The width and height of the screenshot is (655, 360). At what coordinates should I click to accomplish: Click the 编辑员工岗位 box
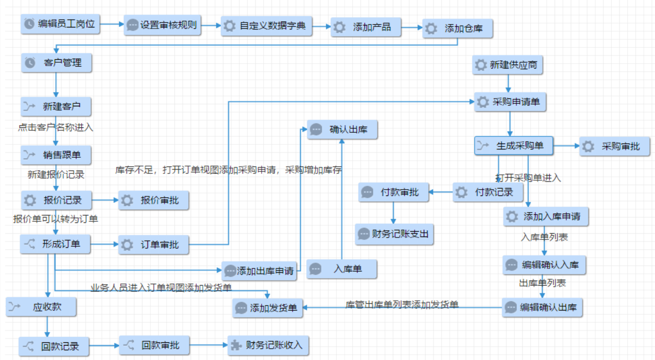pos(60,24)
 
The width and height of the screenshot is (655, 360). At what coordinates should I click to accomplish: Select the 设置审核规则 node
pos(163,25)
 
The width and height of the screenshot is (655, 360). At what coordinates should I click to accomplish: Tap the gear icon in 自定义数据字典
pos(230,26)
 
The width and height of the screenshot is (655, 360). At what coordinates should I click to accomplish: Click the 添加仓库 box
pos(458,29)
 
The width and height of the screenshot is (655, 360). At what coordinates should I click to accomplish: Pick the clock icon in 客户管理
pos(30,63)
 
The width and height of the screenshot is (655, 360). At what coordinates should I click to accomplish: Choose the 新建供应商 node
pos(508,65)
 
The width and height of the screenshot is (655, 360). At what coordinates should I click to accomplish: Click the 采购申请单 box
pos(510,102)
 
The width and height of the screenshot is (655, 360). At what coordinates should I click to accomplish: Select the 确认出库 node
pos(342,130)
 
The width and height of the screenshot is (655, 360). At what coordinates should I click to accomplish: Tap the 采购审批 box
pos(615,146)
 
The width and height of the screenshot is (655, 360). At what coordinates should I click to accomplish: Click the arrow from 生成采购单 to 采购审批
pos(566,146)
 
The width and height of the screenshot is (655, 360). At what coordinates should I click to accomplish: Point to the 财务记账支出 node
pos(394,234)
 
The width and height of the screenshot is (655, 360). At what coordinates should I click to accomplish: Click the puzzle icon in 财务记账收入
pos(236,345)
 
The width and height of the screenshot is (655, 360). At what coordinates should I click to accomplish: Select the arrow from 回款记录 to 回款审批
pos(104,346)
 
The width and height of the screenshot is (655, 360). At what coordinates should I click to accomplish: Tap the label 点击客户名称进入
pos(55,127)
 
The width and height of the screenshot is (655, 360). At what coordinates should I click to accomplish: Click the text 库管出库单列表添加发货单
pos(402,305)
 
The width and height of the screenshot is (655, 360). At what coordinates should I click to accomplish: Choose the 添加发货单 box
pos(268,308)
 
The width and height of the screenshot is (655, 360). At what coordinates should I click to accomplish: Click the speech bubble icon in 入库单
pos(315,269)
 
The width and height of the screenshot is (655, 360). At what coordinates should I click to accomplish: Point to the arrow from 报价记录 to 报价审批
pos(105,200)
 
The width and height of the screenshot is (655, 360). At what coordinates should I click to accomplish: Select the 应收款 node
pos(41,307)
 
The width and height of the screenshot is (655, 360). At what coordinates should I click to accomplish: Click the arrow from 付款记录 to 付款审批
pos(441,192)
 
